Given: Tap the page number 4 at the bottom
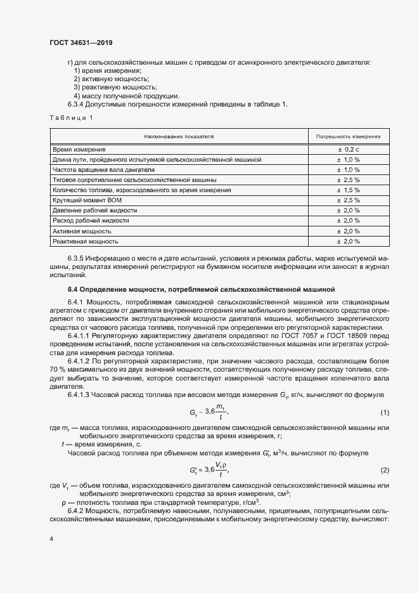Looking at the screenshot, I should (51, 539).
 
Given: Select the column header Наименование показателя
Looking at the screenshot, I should (179, 136).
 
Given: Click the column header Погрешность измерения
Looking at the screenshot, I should (348, 136).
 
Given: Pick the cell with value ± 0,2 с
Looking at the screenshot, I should (348, 148).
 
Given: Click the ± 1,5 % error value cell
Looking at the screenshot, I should (348, 190).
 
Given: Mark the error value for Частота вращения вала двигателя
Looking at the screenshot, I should (348, 169).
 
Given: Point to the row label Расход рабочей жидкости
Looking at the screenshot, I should (91, 221).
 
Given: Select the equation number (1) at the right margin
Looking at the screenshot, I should (384, 413).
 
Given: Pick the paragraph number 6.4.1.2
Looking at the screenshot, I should (81, 360).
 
